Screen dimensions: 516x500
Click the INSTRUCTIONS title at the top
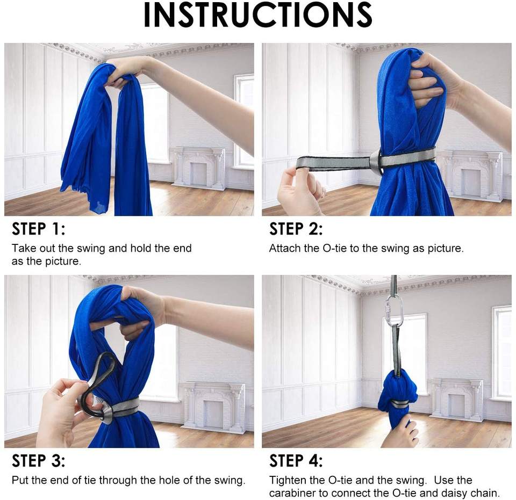click(x=257, y=15)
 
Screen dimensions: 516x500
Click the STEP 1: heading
click(x=39, y=229)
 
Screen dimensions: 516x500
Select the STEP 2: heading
click(x=296, y=229)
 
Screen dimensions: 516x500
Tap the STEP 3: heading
click(x=39, y=461)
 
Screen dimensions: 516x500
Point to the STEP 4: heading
click(x=296, y=461)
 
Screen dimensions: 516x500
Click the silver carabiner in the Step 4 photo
click(x=393, y=311)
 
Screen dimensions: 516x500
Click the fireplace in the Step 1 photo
click(x=197, y=168)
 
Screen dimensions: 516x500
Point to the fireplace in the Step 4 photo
click(x=457, y=400)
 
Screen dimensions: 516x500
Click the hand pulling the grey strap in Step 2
click(x=300, y=191)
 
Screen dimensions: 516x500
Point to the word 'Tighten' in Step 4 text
click(x=289, y=481)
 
